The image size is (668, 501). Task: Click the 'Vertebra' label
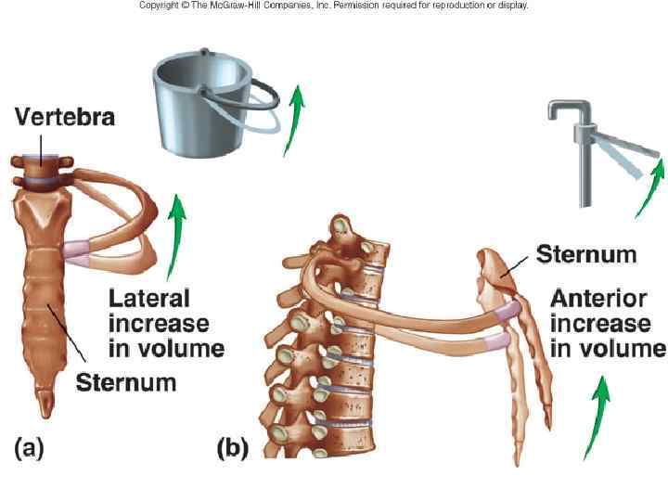pyautogui.click(x=64, y=118)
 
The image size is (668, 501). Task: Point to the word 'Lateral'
pyautogui.click(x=149, y=299)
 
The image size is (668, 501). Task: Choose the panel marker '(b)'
pyautogui.click(x=232, y=449)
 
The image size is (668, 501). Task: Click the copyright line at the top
pyautogui.click(x=334, y=6)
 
